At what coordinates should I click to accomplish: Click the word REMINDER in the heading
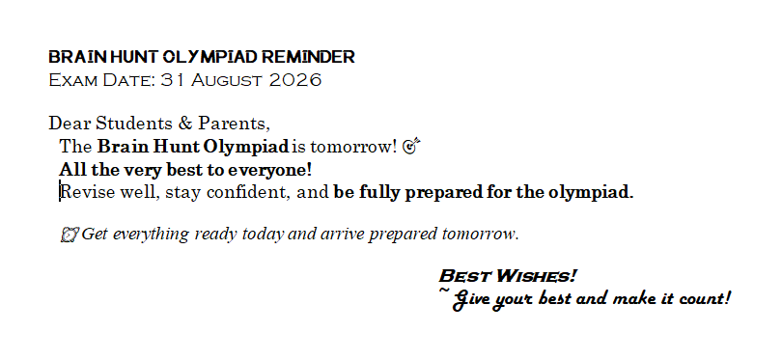[308, 57]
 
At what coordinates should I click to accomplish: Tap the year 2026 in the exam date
[294, 80]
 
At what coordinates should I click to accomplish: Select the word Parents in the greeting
[234, 124]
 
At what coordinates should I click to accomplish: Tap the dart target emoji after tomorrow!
[411, 146]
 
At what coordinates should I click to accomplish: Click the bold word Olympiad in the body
[246, 147]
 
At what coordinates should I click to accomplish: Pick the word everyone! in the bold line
[269, 170]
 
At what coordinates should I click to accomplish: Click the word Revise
[88, 192]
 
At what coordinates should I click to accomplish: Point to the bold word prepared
[443, 192]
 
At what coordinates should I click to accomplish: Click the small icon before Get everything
[70, 234]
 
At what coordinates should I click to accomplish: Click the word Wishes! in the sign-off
[537, 276]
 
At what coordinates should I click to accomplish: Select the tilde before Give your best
[444, 290]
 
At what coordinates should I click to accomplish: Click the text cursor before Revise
[61, 192]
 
